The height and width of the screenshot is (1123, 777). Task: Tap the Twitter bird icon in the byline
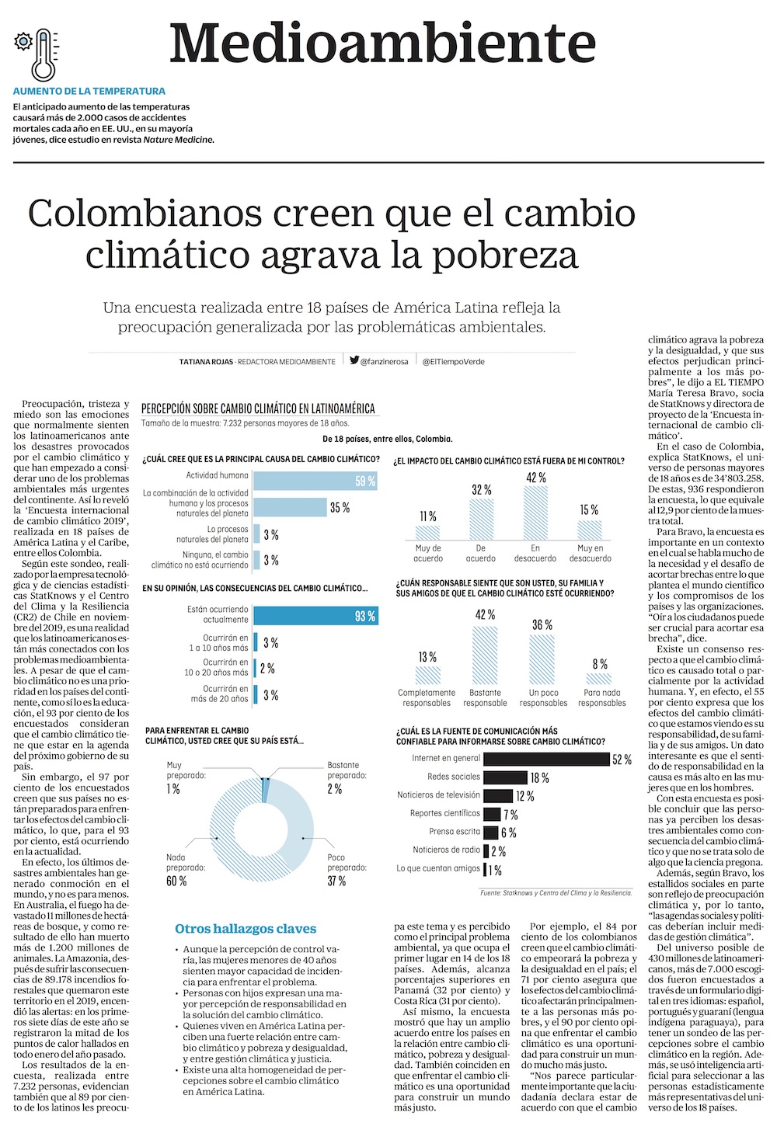[x=354, y=360]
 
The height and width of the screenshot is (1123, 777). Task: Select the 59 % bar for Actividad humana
[x=315, y=481]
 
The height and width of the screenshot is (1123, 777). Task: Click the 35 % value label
[x=340, y=508]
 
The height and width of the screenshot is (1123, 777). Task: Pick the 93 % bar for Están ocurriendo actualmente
[x=315, y=616]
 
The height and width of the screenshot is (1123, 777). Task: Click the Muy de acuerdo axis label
[x=428, y=553]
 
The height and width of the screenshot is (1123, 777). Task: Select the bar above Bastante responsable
[x=485, y=655]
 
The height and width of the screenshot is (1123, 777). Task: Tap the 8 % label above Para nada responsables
[x=600, y=664]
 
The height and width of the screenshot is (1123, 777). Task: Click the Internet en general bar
[x=546, y=759]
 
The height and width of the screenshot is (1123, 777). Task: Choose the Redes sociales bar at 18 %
[x=505, y=777]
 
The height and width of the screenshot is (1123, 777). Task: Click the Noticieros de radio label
[x=446, y=850]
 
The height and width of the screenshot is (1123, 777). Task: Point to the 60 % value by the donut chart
[x=176, y=881]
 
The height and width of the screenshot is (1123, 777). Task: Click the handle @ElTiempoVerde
[x=453, y=361]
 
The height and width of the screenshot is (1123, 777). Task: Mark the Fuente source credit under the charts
[x=556, y=893]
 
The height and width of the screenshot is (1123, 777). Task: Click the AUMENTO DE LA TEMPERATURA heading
[x=89, y=91]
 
